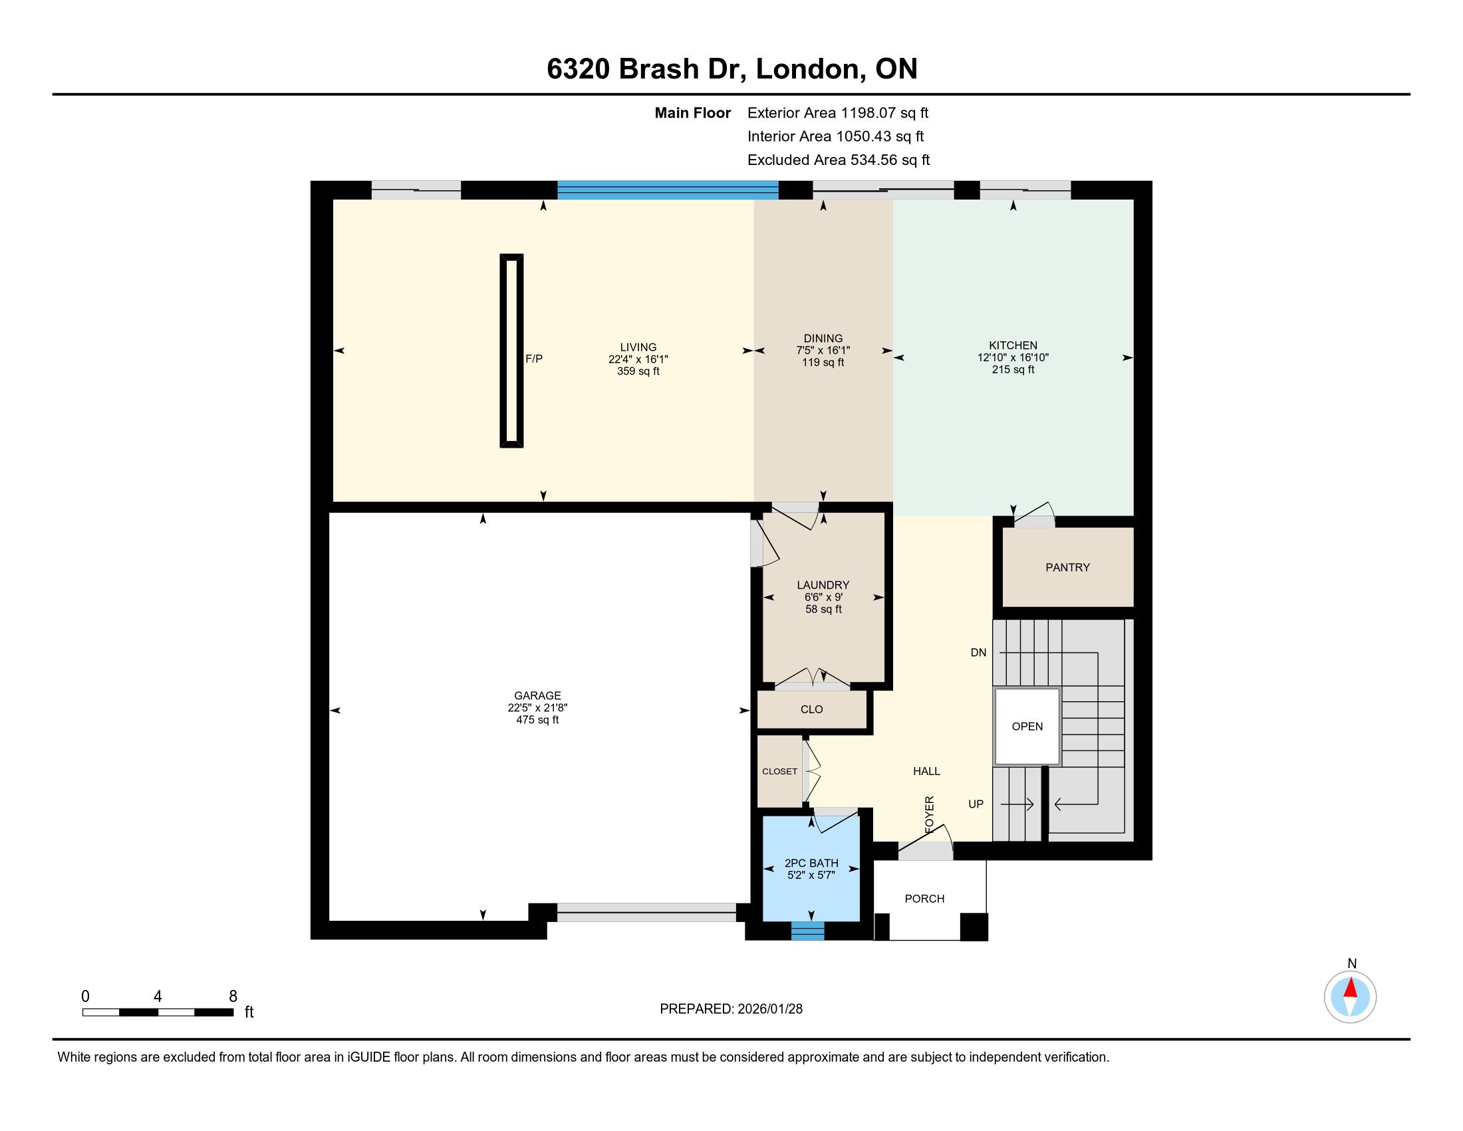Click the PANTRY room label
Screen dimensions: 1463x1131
1067,567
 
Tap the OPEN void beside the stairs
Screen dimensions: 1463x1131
1027,727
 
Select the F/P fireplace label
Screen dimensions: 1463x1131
534,359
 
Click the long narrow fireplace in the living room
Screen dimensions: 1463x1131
512,351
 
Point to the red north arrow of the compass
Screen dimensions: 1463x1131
1351,987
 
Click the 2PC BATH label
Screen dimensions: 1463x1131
811,863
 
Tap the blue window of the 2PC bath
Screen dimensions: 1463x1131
808,931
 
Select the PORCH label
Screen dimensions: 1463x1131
924,899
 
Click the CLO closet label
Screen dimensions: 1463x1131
811,709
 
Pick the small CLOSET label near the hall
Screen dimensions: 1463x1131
780,771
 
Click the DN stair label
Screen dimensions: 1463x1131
978,653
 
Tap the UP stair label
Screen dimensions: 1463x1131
976,804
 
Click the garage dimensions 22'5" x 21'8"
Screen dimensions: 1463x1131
537,708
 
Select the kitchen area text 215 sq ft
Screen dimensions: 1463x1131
1013,369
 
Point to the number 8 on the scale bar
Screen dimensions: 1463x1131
233,997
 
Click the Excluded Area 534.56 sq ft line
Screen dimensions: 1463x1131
839,160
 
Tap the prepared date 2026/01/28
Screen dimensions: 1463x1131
769,1009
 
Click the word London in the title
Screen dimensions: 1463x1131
807,69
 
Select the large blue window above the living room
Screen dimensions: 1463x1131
668,190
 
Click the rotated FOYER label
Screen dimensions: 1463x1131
929,815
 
